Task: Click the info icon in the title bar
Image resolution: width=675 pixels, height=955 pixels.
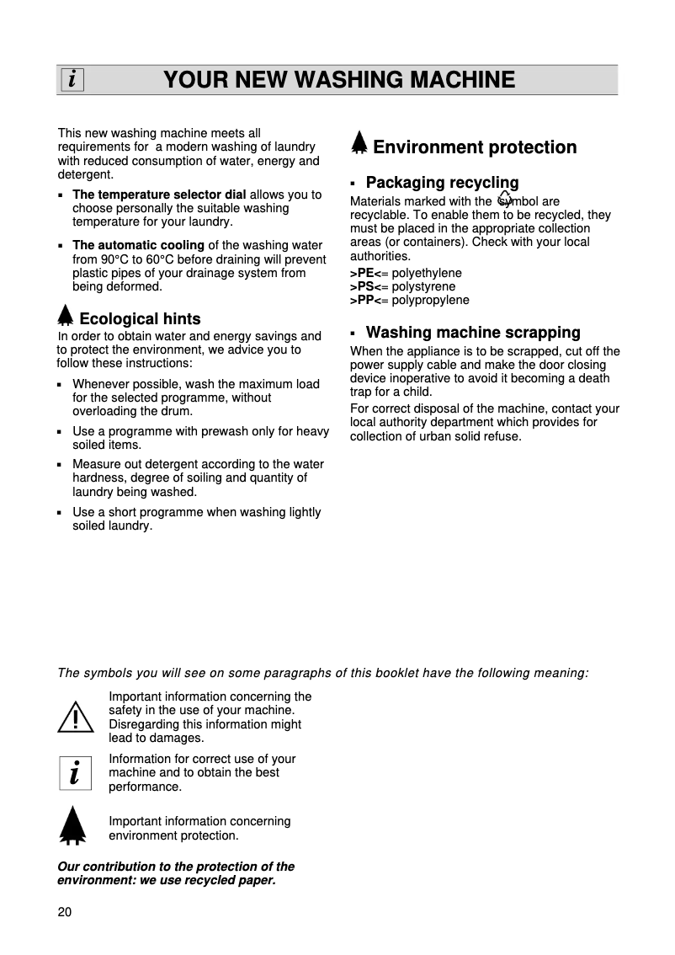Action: coord(72,80)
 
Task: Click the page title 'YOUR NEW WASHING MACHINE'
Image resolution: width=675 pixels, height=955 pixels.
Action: coord(339,80)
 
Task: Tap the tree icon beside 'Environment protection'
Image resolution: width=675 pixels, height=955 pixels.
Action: coord(359,144)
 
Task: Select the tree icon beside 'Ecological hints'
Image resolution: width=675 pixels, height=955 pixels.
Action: coord(66,316)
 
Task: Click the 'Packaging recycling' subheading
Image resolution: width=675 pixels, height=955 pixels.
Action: coord(442,183)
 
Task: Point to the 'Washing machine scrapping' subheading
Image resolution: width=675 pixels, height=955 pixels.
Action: coord(473,333)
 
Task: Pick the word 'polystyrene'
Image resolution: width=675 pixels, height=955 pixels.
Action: coord(424,287)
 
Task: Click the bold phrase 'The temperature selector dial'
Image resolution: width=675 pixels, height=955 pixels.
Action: coord(159,195)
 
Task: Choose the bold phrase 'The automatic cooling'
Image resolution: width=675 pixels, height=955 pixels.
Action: coord(138,246)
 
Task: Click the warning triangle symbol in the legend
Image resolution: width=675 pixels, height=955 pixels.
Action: coord(76,717)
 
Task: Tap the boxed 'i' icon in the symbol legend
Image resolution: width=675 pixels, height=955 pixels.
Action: coord(75,772)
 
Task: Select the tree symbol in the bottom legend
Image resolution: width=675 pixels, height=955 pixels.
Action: coord(73,824)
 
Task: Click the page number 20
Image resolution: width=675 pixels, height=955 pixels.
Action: coord(65,913)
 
